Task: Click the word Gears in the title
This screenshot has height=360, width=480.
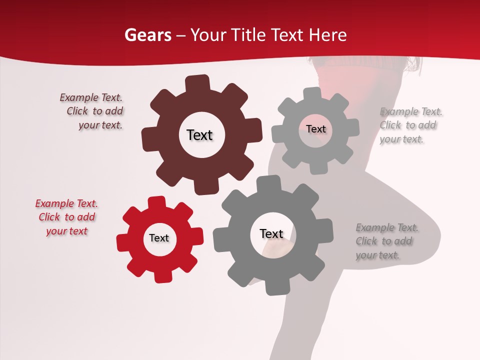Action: (x=147, y=35)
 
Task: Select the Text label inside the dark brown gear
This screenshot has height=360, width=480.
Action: (x=199, y=135)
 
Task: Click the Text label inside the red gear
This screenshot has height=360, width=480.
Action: (x=159, y=238)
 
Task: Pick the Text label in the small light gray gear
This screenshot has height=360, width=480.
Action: (x=315, y=129)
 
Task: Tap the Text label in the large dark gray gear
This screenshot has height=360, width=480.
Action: (x=271, y=233)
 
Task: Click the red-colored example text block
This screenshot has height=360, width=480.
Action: (x=67, y=217)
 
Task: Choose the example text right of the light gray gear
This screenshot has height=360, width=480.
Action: (x=411, y=125)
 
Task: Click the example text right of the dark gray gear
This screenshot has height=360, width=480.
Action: (x=387, y=241)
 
